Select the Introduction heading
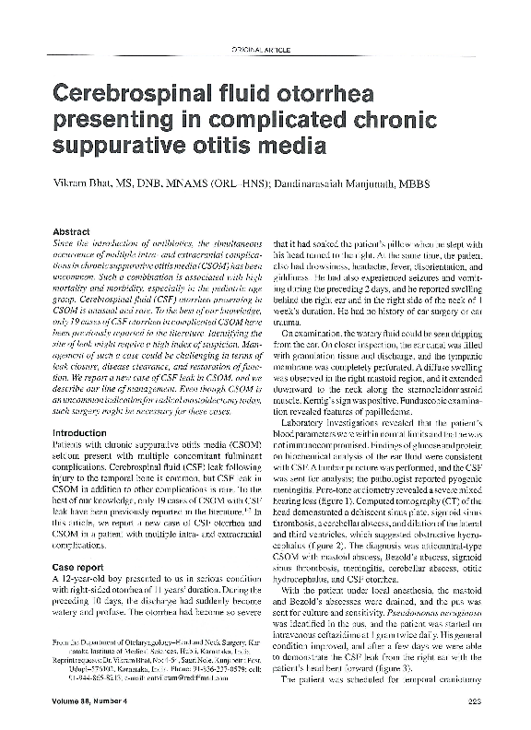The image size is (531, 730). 79,431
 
